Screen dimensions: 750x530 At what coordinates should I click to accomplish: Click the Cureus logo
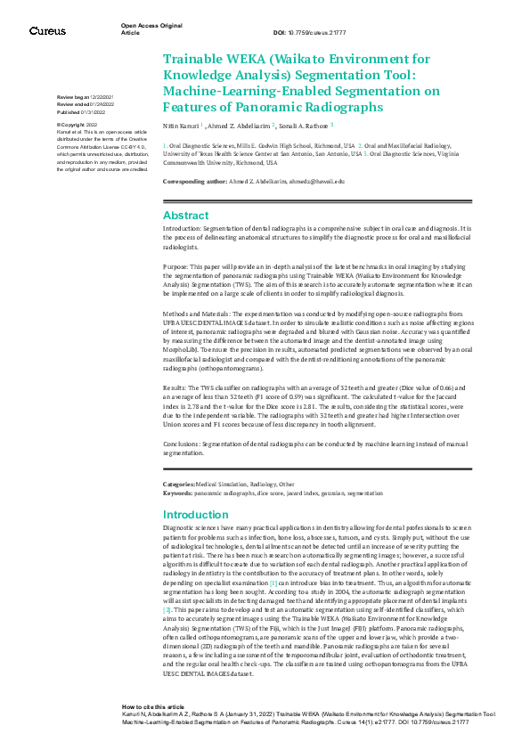coord(47,31)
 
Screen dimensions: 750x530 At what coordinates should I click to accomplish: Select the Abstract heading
coord(186,215)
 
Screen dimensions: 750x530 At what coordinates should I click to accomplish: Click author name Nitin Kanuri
coord(181,126)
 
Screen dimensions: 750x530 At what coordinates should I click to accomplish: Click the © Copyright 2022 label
coord(77,126)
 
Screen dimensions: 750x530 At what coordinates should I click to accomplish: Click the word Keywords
coord(177,492)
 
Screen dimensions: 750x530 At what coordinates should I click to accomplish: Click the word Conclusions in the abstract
coord(183,444)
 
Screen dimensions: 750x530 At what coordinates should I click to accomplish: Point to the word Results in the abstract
coord(175,389)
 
